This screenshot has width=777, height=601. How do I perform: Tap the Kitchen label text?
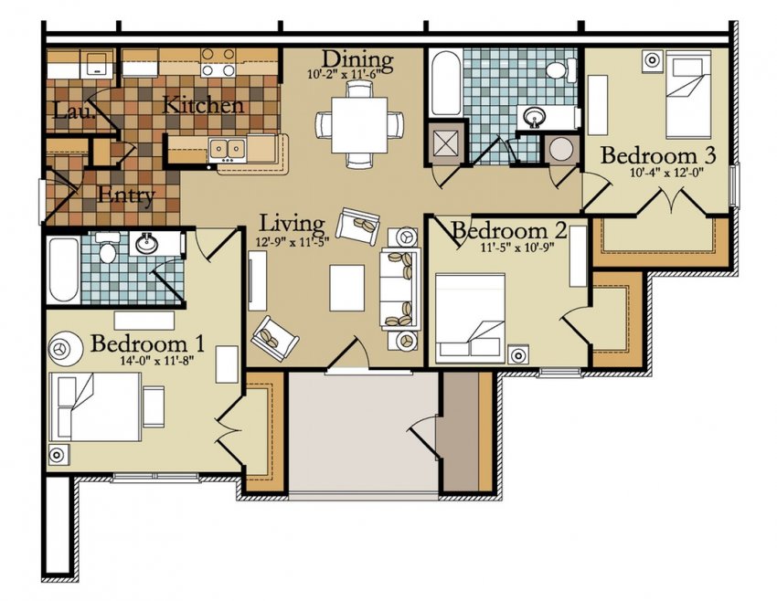pos(203,105)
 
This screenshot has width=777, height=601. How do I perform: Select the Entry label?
pos(125,195)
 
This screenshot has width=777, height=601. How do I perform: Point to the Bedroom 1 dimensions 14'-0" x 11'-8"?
pos(149,362)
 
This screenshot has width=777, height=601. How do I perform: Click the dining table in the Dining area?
pos(359,123)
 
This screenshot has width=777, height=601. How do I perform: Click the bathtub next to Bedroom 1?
pos(64,269)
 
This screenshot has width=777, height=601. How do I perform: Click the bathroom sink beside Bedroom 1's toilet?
pos(146,244)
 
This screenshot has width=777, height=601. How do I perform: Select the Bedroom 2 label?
pos(509,229)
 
